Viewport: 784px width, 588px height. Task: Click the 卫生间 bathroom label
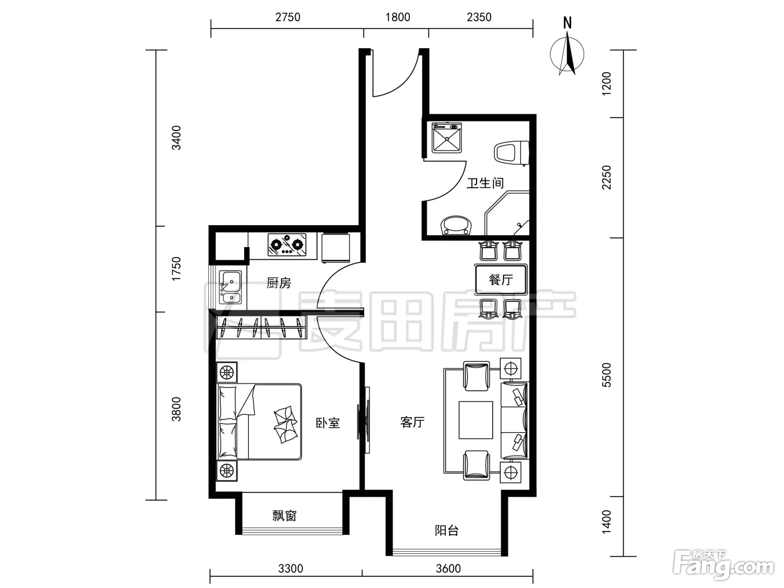485,183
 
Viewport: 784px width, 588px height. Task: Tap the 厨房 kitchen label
278,283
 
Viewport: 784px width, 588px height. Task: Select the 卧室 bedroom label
328,423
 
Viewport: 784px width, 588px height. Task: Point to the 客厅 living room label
412,422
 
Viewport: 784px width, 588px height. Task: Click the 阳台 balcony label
446,530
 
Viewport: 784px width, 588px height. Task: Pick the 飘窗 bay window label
284,516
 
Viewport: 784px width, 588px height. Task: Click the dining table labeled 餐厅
501,279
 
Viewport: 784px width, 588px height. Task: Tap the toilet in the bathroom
511,153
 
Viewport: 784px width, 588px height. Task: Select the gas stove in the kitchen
287,245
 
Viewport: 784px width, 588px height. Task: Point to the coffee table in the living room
476,420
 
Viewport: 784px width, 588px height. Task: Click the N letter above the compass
567,23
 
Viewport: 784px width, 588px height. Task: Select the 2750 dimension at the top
287,17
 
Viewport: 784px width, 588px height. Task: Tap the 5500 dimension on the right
606,375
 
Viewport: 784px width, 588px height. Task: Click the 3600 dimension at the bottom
448,568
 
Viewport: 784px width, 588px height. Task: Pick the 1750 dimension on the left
176,268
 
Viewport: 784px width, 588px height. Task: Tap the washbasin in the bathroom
457,225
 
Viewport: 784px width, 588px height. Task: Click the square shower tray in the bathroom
446,138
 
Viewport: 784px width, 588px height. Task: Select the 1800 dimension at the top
398,17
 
